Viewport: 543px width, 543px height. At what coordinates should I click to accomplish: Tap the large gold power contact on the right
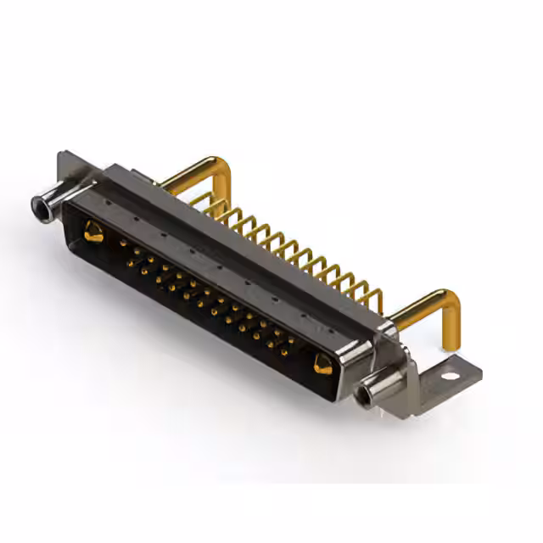coord(322,365)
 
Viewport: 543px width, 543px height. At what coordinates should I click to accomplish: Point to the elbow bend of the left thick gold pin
coord(222,166)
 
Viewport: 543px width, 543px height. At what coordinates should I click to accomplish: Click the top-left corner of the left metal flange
coord(61,156)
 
